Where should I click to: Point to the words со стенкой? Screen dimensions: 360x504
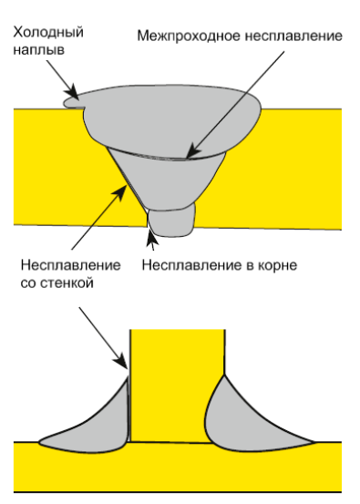point(57,283)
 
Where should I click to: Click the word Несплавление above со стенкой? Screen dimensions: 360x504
point(69,265)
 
